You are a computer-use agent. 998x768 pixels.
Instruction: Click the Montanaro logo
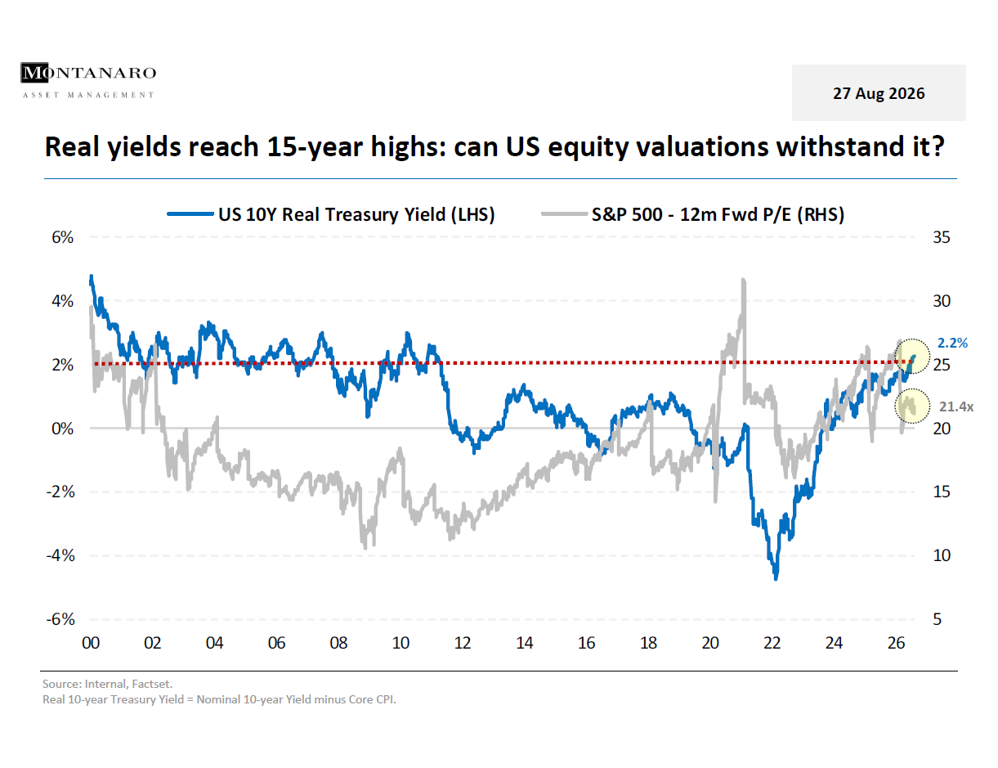point(88,80)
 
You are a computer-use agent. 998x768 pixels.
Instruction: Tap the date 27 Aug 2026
point(878,93)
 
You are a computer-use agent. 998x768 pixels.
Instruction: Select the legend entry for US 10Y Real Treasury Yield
point(331,214)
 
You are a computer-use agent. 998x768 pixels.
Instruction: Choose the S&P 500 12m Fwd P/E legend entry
point(692,214)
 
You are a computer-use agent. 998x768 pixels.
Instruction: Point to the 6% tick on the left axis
point(62,237)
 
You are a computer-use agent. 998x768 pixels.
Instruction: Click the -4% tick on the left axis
point(60,555)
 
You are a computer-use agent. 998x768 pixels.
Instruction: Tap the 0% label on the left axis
point(62,429)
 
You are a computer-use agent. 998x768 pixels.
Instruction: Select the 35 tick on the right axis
point(941,237)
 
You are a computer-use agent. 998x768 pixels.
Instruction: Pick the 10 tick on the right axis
point(941,555)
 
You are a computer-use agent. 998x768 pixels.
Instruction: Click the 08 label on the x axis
point(338,643)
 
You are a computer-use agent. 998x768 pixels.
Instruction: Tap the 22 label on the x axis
point(772,643)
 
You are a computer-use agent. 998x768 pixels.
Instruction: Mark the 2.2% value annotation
point(952,343)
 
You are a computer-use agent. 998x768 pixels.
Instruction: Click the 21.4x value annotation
point(956,406)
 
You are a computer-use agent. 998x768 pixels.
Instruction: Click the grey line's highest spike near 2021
point(743,280)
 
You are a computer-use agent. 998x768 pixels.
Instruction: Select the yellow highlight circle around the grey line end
point(912,389)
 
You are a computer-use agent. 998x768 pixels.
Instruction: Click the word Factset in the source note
point(152,684)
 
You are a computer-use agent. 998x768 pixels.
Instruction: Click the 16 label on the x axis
point(586,643)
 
